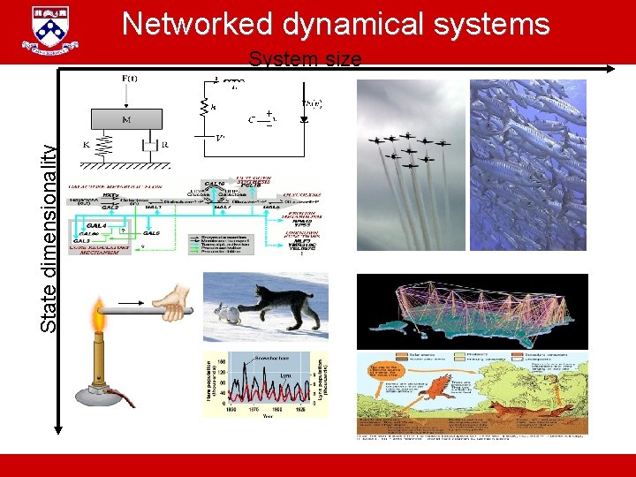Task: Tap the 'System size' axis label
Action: coord(305,60)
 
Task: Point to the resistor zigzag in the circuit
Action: coord(211,107)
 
